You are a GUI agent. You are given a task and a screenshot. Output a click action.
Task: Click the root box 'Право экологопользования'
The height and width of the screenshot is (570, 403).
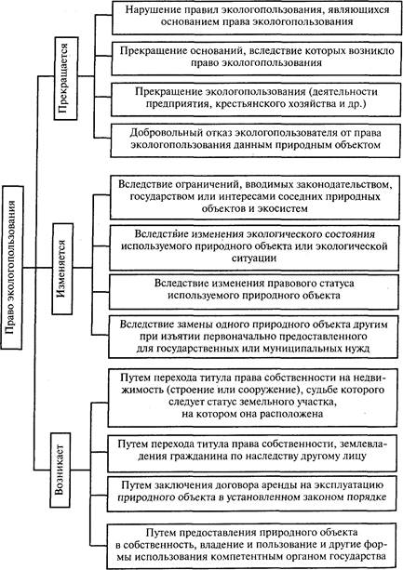12,268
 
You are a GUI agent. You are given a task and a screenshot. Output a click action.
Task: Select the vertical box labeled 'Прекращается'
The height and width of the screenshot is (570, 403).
66,78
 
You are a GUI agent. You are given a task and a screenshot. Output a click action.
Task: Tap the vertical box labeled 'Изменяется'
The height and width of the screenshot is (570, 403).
62,269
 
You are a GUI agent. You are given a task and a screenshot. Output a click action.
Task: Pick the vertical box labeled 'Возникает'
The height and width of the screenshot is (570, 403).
60,470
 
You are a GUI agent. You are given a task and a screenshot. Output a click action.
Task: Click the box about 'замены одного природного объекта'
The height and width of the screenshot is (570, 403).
253,337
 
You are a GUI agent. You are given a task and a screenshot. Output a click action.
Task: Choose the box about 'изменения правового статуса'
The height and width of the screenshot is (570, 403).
253,292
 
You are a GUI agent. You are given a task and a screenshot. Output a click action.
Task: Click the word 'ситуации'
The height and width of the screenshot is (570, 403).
254,258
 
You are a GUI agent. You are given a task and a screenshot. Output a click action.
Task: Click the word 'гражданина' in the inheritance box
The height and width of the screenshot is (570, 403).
198,456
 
